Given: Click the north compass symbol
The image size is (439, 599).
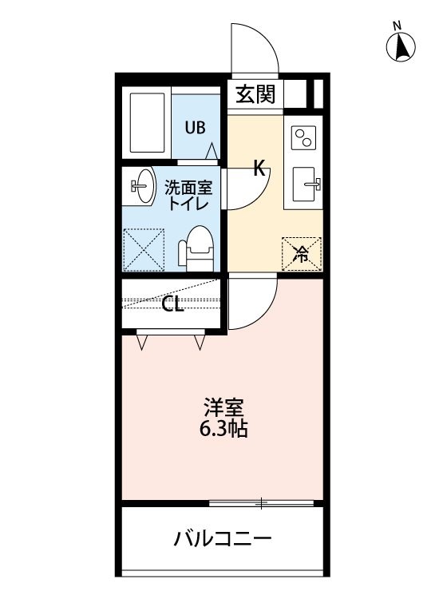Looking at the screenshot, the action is (401, 47).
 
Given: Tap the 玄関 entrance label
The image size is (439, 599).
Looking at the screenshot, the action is (255, 94).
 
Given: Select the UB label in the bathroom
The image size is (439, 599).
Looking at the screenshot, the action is (195, 128).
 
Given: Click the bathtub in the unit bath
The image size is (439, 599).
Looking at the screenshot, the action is (148, 123).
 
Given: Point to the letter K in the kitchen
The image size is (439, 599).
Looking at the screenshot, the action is (259, 168).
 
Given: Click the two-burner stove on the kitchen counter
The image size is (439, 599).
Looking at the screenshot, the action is (303, 138).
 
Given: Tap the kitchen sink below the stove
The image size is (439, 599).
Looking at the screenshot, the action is (305, 184).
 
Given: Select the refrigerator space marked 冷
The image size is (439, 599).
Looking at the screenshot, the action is (302, 254).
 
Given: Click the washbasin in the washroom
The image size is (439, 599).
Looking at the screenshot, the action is (142, 185).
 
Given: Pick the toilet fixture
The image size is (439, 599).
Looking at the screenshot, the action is (196, 248).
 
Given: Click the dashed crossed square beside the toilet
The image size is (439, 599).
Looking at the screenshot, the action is (144, 250).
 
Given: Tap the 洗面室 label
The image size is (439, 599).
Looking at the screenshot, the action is (188, 188).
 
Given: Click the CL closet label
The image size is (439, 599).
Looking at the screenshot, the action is (173, 304).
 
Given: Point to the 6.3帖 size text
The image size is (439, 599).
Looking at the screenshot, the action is (223, 430).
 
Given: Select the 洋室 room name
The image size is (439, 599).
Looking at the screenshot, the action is (223, 407).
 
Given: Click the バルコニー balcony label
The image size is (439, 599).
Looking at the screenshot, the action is (223, 539).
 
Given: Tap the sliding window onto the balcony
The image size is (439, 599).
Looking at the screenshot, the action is (261, 503).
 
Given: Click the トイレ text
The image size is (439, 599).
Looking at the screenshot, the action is (188, 204).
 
